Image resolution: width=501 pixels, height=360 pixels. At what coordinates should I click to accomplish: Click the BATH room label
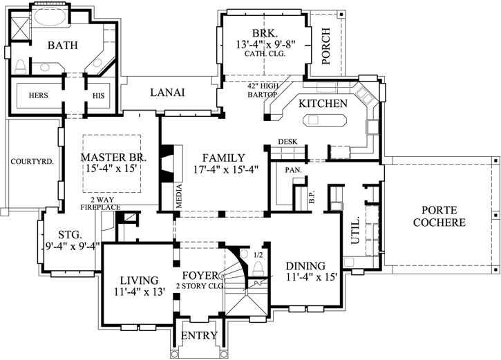click(63, 46)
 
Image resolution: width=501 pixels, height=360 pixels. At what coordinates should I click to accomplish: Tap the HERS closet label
click(37, 95)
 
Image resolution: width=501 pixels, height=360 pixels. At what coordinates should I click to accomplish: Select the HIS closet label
click(97, 95)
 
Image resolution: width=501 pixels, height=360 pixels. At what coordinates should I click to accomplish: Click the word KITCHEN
click(323, 103)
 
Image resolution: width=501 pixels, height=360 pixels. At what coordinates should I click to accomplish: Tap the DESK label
click(287, 142)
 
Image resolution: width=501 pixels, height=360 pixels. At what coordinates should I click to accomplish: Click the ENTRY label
click(198, 336)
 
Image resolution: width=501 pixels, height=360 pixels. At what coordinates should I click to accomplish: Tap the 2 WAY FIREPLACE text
click(102, 202)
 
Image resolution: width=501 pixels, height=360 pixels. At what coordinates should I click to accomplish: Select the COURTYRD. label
click(28, 162)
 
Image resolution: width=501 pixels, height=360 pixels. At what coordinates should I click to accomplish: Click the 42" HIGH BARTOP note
click(263, 89)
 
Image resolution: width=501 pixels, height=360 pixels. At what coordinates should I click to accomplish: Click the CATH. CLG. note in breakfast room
click(266, 54)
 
